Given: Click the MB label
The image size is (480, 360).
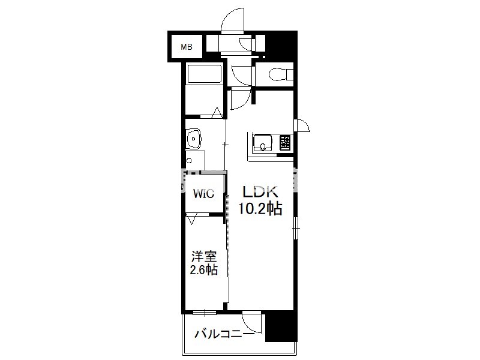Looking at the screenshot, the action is (187, 47).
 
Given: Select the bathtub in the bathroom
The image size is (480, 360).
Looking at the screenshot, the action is (204, 74).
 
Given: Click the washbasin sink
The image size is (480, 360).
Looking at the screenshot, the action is (193, 139).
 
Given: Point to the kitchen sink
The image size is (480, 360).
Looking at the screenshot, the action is (262, 143).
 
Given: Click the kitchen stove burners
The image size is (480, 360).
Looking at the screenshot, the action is (284, 143).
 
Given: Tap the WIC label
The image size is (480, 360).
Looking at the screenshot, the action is (203, 193).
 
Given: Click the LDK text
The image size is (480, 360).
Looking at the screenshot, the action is (260, 191).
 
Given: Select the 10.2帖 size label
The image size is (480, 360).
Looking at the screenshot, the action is (260, 209).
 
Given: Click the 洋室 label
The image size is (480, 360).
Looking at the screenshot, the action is (204, 257).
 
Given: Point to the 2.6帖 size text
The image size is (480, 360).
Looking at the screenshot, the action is (204, 270).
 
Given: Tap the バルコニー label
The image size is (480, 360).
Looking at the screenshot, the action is (224, 334).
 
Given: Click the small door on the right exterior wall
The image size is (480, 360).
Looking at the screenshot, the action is (302, 125).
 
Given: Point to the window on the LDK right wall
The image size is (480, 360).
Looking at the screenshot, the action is (296, 228).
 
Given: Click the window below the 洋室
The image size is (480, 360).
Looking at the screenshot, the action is (205, 312).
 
